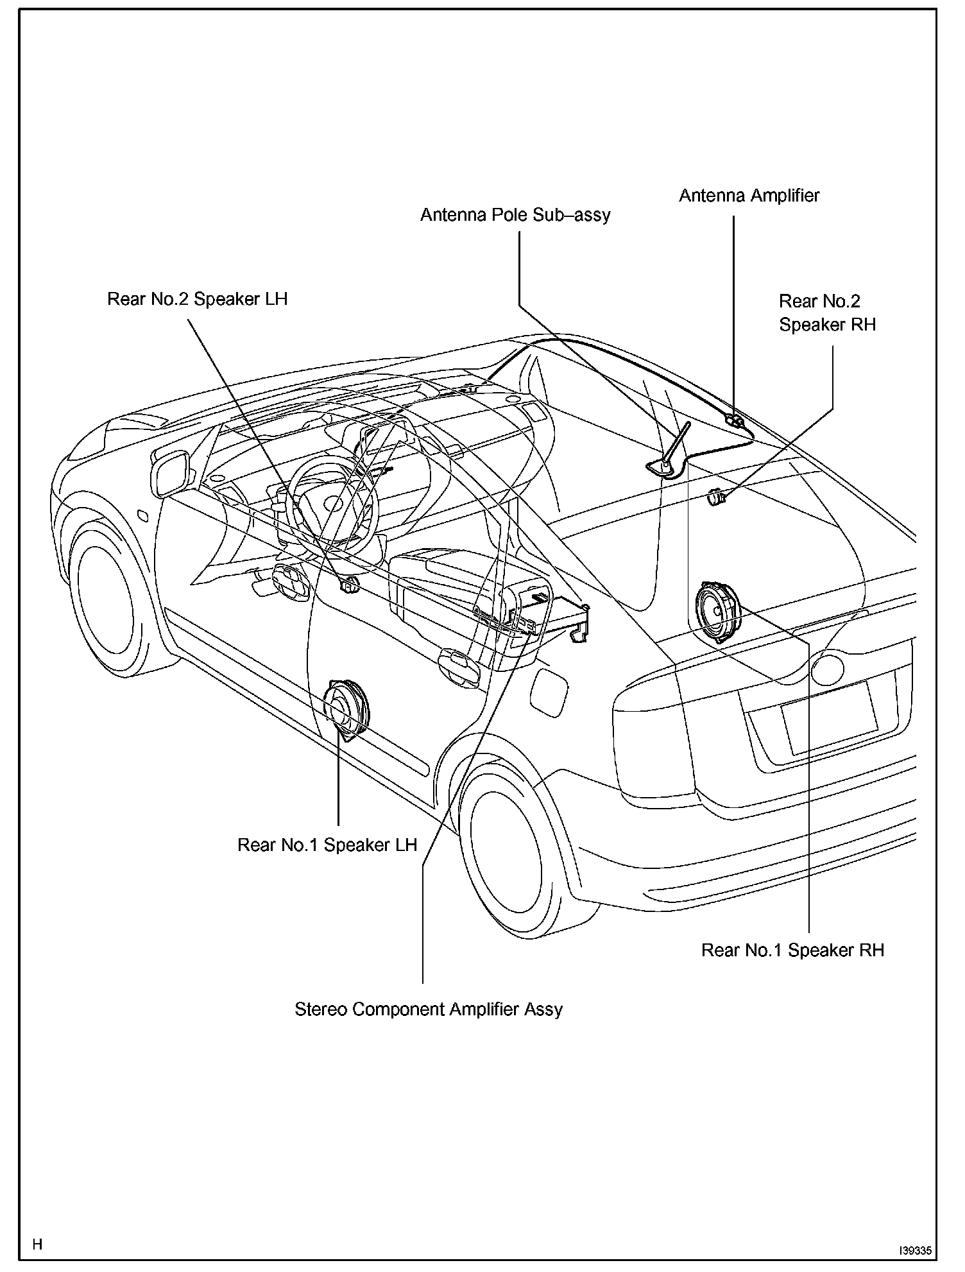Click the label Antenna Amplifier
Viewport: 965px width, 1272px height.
[x=749, y=195]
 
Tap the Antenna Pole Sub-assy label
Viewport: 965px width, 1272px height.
[x=515, y=214]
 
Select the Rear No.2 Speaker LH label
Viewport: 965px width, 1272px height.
[x=197, y=299]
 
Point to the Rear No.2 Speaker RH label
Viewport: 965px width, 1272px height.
[x=827, y=313]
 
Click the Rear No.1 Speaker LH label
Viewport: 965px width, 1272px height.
[x=327, y=845]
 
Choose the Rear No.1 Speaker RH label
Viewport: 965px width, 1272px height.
[x=792, y=950]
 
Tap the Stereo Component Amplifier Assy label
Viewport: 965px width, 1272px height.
[x=429, y=1009]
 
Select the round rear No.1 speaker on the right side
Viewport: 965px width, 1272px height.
[x=717, y=612]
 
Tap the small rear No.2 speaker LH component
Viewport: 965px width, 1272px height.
[x=350, y=585]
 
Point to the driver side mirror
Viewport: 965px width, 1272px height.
[x=170, y=472]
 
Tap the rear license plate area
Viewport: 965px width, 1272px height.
[x=830, y=717]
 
